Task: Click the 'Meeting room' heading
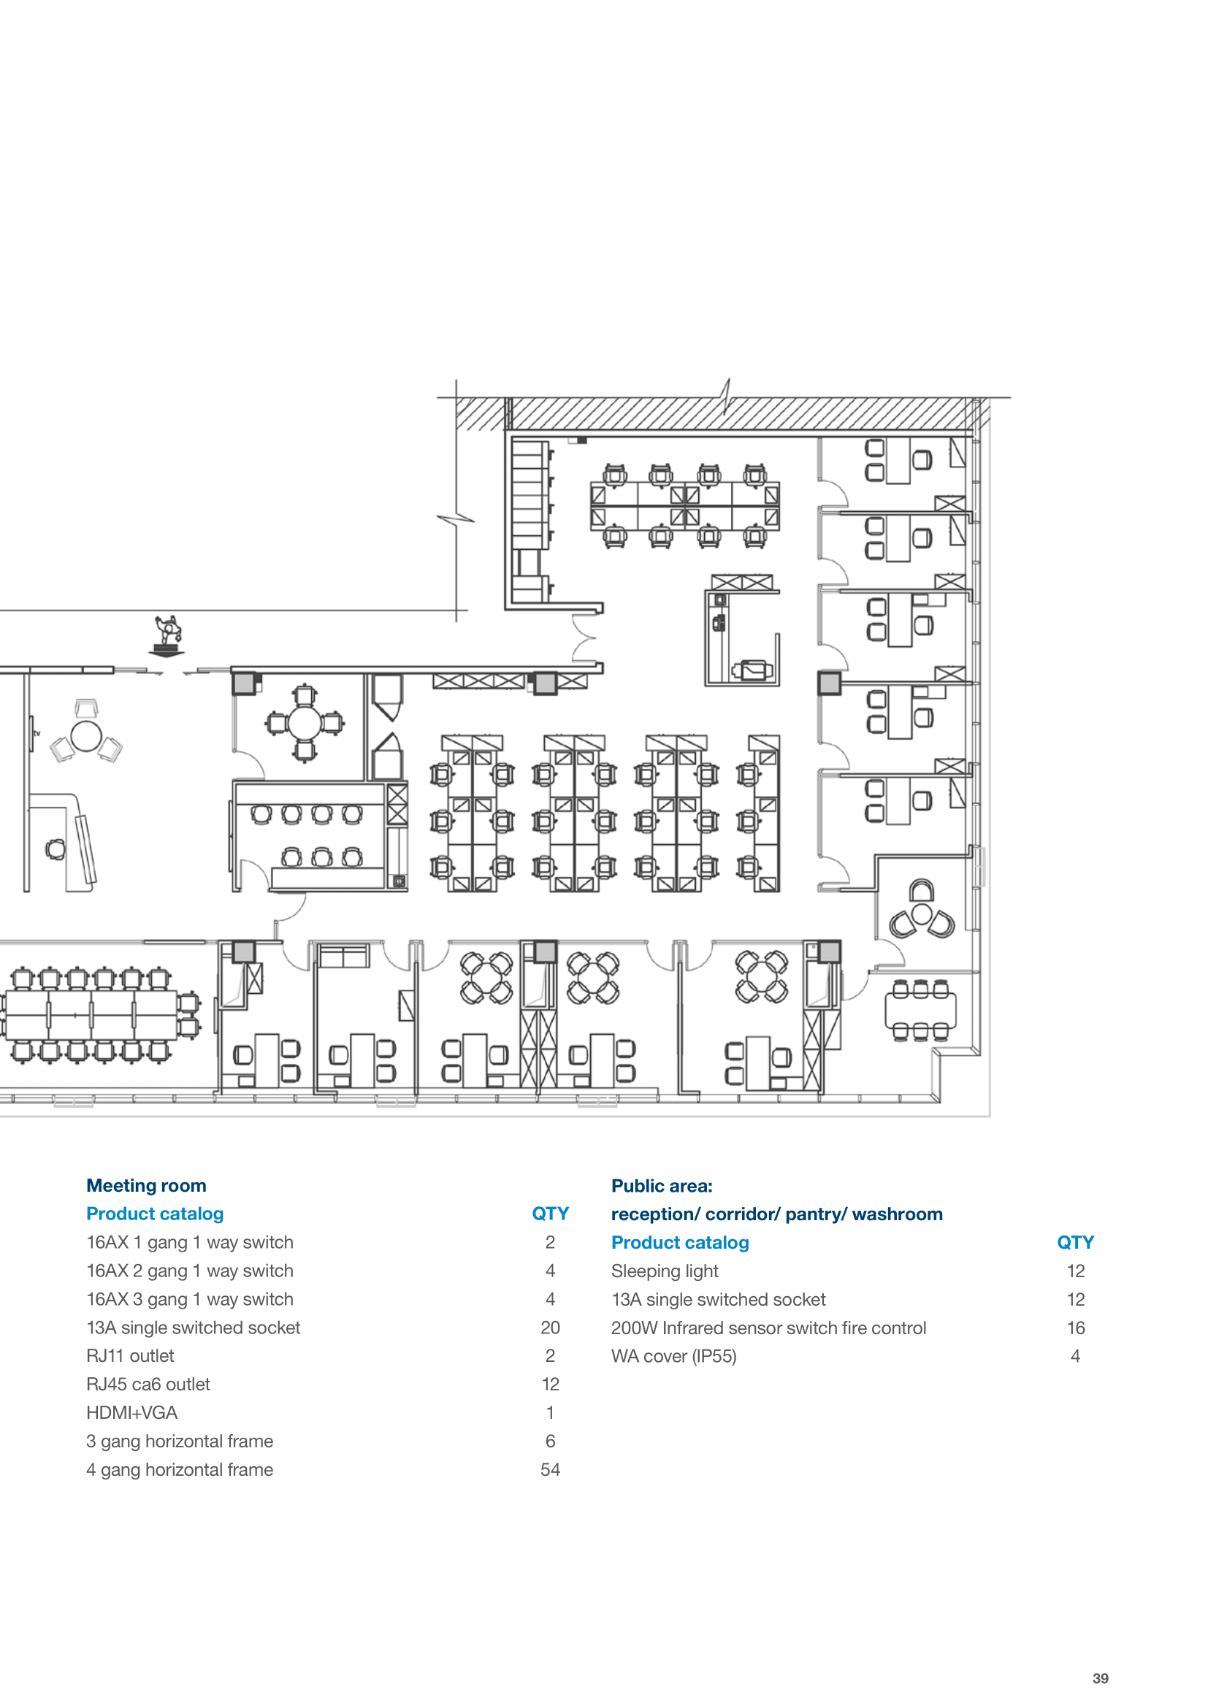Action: tap(147, 1186)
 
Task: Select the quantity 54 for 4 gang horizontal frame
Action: tap(551, 1470)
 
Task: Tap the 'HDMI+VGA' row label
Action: tap(131, 1413)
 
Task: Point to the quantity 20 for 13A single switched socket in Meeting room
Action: tap(551, 1328)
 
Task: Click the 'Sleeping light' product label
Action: tap(665, 1271)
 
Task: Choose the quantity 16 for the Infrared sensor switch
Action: tap(1076, 1328)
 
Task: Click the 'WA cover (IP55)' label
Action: tap(674, 1356)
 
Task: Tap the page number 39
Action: tap(1101, 1678)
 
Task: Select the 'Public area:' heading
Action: tap(662, 1186)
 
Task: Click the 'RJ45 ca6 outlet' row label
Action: tap(148, 1385)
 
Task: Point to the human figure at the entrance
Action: tap(168, 635)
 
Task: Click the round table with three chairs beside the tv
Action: tap(86, 737)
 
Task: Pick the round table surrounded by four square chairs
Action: tap(305, 722)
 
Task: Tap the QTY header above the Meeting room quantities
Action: tap(551, 1214)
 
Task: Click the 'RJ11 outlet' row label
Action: tap(130, 1356)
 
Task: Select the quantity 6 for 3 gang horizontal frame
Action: tap(551, 1441)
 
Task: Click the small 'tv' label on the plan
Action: tap(37, 733)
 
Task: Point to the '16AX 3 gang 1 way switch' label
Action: tap(190, 1300)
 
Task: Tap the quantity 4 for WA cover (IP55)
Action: tap(1076, 1356)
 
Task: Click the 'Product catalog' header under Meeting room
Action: tap(155, 1214)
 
